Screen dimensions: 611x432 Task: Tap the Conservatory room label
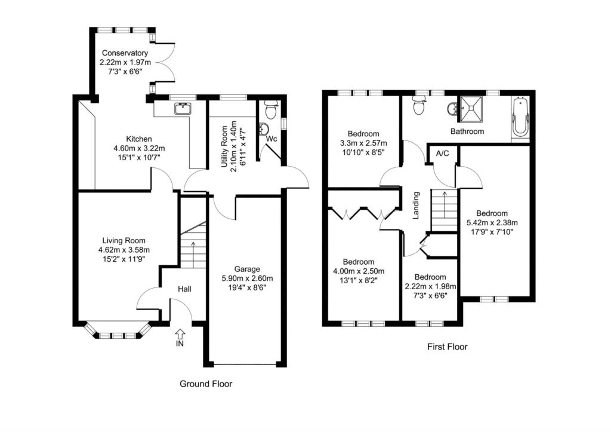tap(125, 53)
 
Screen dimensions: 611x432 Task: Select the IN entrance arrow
tap(180, 333)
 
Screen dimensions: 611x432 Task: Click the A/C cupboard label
tap(442, 154)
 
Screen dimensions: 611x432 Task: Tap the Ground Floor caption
tap(206, 384)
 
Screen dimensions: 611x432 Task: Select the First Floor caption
tap(448, 347)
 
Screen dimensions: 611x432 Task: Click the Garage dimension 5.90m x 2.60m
tap(247, 278)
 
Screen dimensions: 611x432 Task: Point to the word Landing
tap(416, 206)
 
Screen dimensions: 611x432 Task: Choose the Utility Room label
tap(224, 147)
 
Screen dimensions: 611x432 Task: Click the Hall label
tap(185, 289)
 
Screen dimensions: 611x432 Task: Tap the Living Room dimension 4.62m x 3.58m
tap(124, 250)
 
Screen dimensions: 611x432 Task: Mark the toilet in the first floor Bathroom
tap(419, 106)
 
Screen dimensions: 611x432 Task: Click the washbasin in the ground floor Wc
tap(263, 128)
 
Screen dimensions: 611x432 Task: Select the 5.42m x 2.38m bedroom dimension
tap(492, 223)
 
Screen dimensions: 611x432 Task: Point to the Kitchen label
tap(139, 139)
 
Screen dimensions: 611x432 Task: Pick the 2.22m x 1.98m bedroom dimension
tap(430, 286)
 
